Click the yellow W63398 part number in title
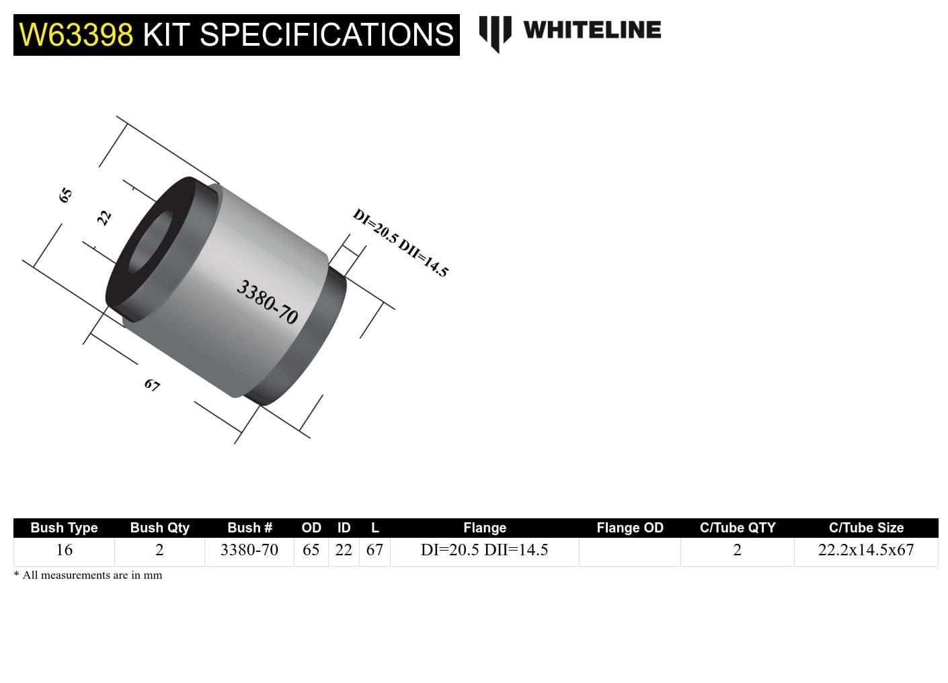click(x=76, y=35)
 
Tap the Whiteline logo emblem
click(x=495, y=32)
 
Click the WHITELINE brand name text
click(x=592, y=30)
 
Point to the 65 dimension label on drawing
click(x=65, y=196)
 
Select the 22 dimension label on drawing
click(x=104, y=218)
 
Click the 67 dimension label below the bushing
click(x=152, y=385)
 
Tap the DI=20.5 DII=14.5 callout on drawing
click(x=400, y=243)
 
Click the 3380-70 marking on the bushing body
click(x=267, y=302)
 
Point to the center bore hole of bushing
click(x=149, y=243)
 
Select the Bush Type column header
click(x=64, y=528)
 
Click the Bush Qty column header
click(x=159, y=528)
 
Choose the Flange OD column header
click(x=629, y=528)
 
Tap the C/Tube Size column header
click(x=865, y=528)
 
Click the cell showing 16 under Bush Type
click(x=64, y=550)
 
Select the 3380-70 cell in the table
click(x=249, y=550)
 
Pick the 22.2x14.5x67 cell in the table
click(x=865, y=550)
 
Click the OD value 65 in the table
click(x=311, y=550)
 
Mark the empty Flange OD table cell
click(x=629, y=551)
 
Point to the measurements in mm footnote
click(x=88, y=575)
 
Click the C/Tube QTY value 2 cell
click(x=737, y=550)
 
